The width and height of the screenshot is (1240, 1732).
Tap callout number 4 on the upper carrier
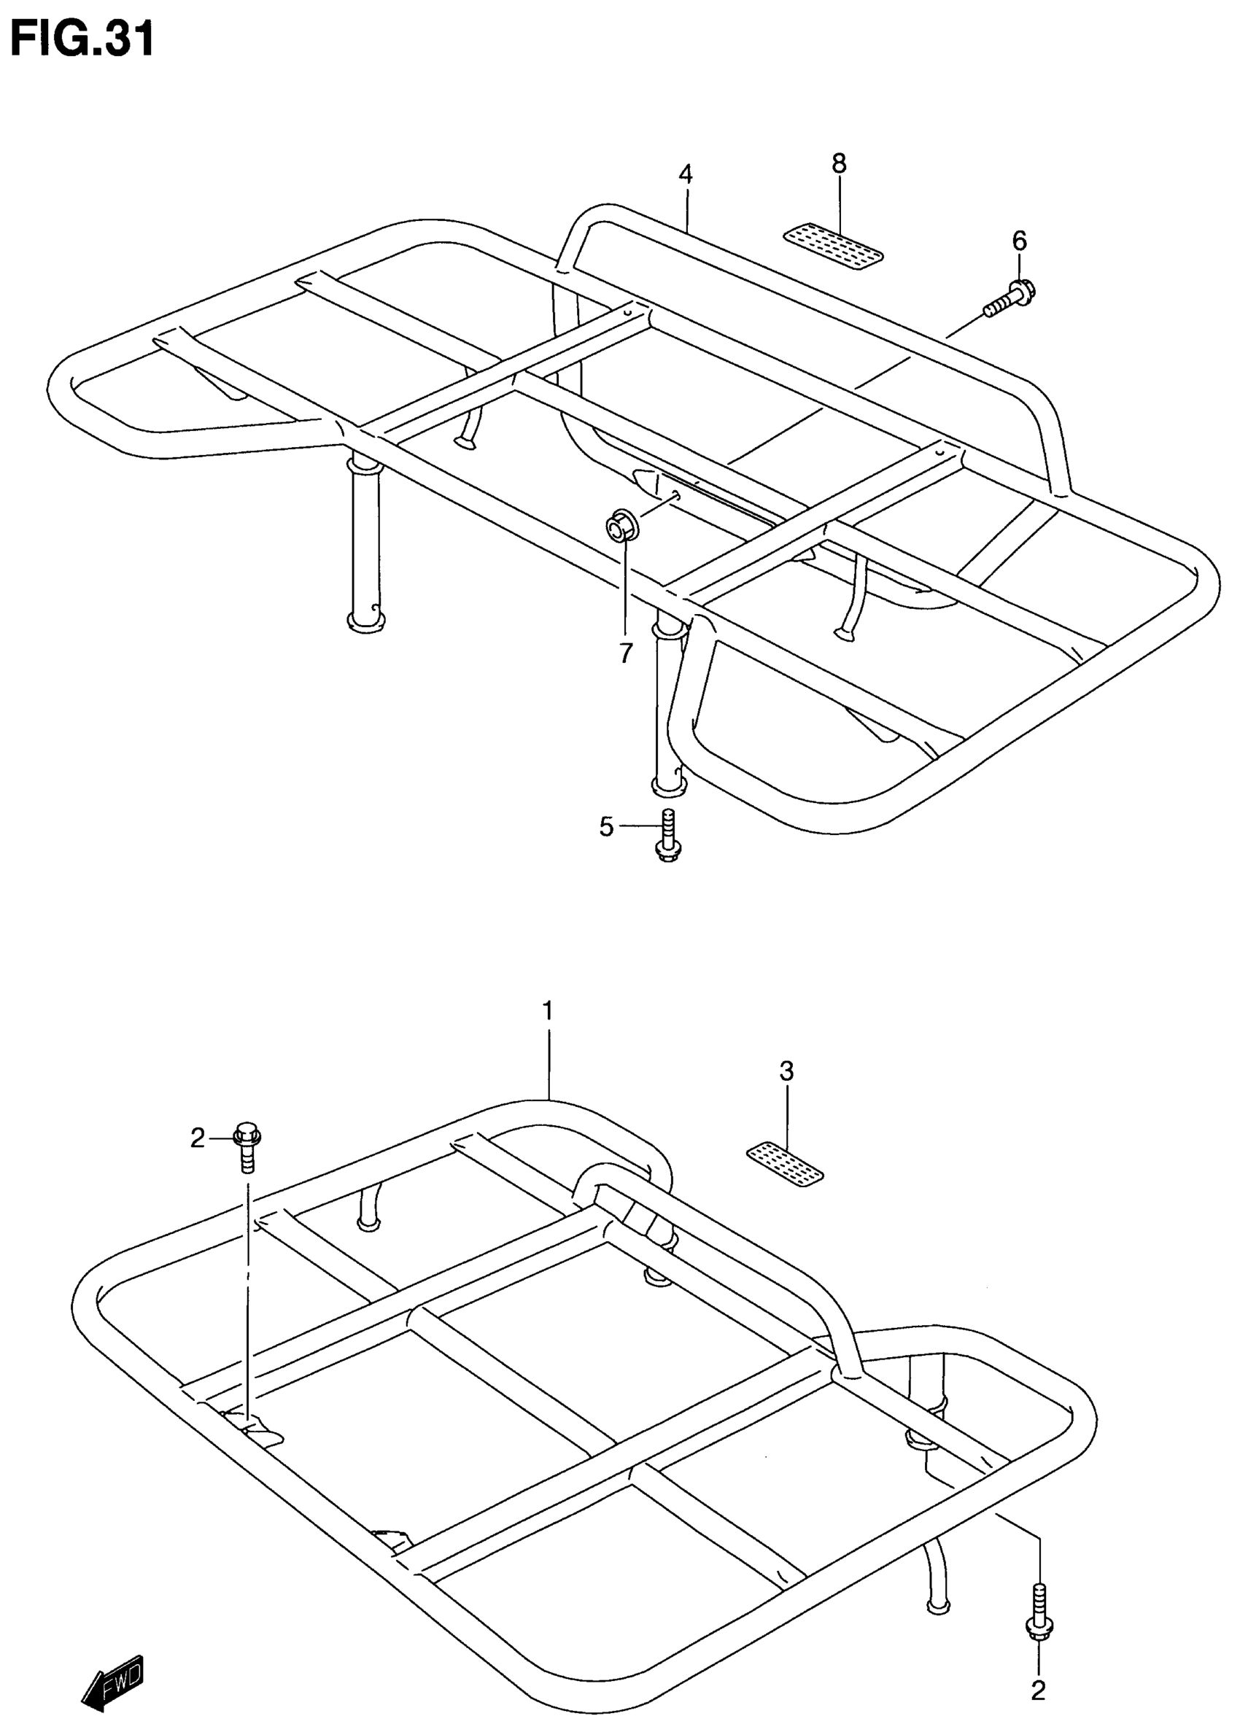tap(685, 175)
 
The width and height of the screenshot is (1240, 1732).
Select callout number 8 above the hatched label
tap(839, 163)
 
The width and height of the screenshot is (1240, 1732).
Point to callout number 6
tap(1019, 241)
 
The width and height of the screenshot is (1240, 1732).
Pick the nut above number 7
tap(618, 527)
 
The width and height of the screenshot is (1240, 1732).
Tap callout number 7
tap(625, 653)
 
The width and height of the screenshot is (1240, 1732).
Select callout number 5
tap(606, 826)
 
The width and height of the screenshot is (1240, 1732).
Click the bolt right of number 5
tap(668, 837)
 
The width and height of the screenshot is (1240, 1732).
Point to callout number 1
tap(548, 1011)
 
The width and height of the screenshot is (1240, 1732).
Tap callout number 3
tap(786, 1071)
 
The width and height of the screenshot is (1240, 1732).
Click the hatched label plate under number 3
tap(785, 1164)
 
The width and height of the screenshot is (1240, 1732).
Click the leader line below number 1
tap(549, 1061)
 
